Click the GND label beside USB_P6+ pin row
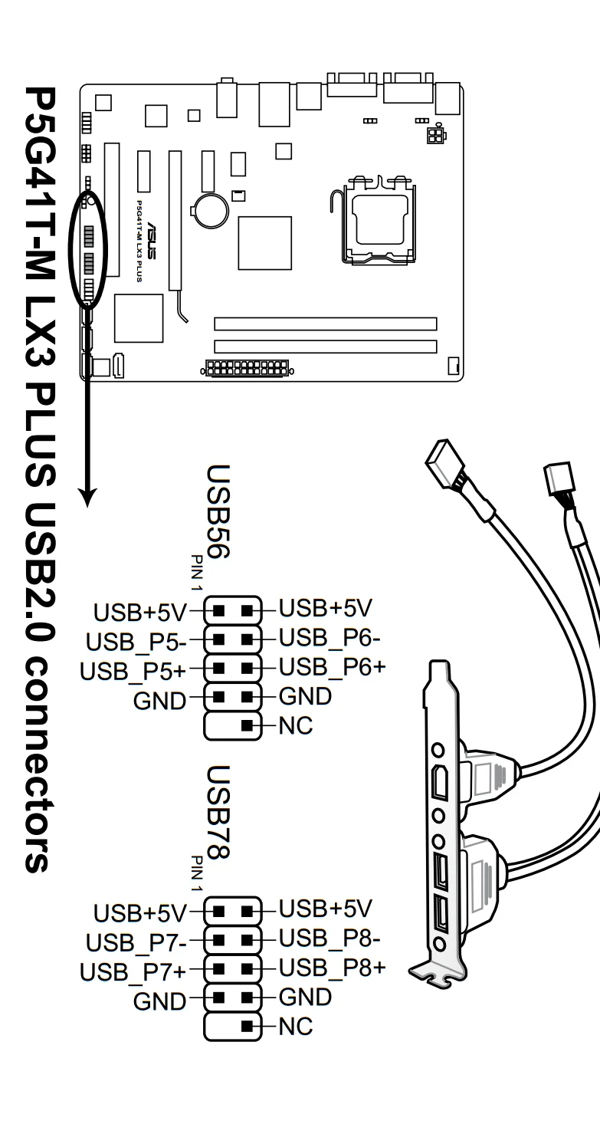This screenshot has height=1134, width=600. (305, 696)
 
